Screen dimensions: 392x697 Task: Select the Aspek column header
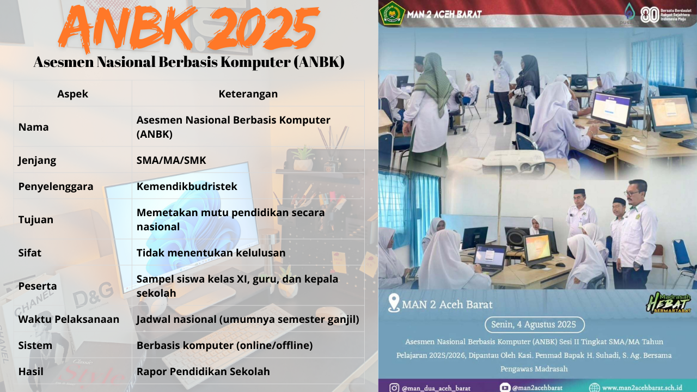(x=72, y=94)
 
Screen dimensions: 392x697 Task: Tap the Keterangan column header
(x=248, y=94)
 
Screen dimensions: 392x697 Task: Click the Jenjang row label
(x=37, y=161)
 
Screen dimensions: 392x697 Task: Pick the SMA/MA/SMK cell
(x=171, y=161)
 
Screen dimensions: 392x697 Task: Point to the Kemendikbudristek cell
(x=187, y=186)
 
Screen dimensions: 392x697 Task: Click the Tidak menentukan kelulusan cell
(x=211, y=253)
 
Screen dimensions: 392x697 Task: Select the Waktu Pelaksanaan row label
(x=69, y=319)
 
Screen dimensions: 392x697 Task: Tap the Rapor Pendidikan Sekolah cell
(x=203, y=372)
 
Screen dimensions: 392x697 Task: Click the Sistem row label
(x=35, y=345)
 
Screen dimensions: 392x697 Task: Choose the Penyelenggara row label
(x=56, y=186)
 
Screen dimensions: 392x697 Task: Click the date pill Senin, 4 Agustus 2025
(x=534, y=324)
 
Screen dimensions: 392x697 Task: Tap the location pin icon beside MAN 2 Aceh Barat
(x=393, y=303)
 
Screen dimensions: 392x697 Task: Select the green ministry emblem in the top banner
(x=392, y=13)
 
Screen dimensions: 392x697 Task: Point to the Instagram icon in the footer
(x=394, y=388)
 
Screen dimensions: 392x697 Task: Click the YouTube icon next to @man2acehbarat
(x=505, y=388)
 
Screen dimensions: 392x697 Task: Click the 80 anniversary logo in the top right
(x=650, y=14)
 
